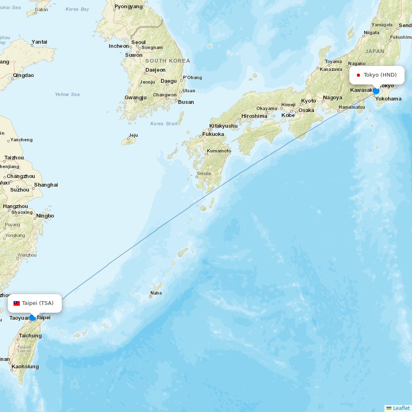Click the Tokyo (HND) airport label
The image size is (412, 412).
click(379, 75)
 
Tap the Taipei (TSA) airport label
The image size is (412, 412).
click(37, 303)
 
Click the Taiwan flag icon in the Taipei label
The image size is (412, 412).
click(17, 303)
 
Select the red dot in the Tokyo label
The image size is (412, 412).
click(358, 75)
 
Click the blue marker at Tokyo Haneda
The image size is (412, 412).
click(376, 91)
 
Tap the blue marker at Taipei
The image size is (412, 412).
click(32, 318)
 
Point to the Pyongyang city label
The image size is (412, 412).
click(129, 7)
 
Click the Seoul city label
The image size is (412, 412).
click(138, 42)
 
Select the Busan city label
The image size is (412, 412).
click(186, 102)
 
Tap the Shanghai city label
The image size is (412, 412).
click(46, 185)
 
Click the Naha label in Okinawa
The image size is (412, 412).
click(156, 293)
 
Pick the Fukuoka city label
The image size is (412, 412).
click(213, 134)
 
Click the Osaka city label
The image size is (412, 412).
click(306, 110)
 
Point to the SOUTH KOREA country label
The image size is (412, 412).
click(168, 61)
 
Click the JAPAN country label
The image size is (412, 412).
click(375, 51)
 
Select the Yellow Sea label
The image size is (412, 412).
click(67, 94)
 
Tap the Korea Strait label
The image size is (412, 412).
click(164, 124)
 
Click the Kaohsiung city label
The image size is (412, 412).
click(25, 367)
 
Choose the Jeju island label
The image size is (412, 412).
click(133, 135)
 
